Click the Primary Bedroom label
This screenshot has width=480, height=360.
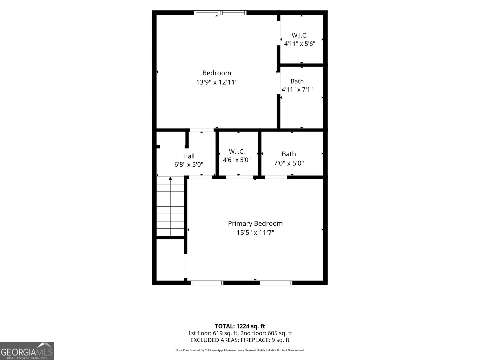tap(255, 223)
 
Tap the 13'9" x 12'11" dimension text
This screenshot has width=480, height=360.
tap(217, 82)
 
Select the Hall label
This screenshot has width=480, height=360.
tap(189, 156)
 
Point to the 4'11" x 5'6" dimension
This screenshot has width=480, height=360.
tap(300, 44)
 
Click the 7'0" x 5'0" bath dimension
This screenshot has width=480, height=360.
tap(289, 163)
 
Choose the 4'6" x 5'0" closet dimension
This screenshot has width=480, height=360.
tap(237, 160)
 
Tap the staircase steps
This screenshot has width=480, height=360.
tap(170, 206)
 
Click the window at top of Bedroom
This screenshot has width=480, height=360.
tap(220, 13)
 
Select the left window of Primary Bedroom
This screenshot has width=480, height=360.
tap(207, 283)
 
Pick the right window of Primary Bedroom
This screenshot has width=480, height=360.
tap(276, 283)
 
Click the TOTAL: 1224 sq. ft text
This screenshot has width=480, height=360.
tap(240, 326)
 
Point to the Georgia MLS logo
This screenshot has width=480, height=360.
tap(27, 351)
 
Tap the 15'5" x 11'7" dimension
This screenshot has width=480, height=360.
tap(255, 232)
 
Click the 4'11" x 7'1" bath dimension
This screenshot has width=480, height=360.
tap(297, 89)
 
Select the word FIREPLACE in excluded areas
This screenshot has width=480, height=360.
tap(255, 340)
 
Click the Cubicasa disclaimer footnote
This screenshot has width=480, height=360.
tap(240, 350)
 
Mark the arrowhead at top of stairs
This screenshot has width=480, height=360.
tap(170, 179)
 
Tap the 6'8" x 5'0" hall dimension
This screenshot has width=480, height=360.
tap(189, 164)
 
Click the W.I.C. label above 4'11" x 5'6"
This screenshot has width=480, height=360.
tap(300, 35)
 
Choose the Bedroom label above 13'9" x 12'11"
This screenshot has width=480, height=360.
tap(217, 73)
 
